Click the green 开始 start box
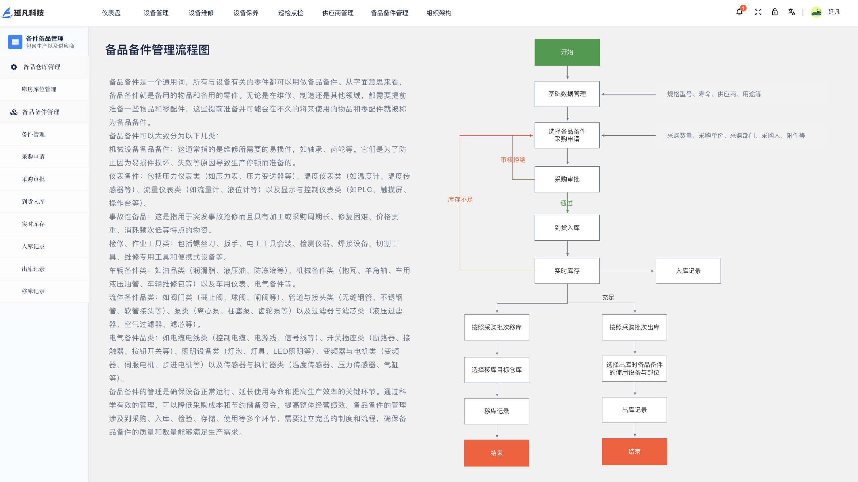point(567,52)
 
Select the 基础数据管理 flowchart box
point(567,94)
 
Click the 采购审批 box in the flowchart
point(567,179)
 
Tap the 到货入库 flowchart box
point(567,228)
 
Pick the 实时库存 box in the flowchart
point(567,271)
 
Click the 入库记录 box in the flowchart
point(688,271)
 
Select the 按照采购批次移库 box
point(496,328)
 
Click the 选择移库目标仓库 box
point(496,370)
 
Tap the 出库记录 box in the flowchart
point(634,410)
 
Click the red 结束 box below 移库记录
point(496,453)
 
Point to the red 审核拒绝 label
point(513,160)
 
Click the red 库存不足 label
point(460,200)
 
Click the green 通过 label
point(566,203)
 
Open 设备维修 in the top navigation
point(201,13)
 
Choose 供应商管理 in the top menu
point(338,13)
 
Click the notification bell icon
point(739,12)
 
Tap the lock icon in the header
point(774,12)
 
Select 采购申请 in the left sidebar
point(33,157)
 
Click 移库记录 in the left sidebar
point(33,291)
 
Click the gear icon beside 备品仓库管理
point(14,67)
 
